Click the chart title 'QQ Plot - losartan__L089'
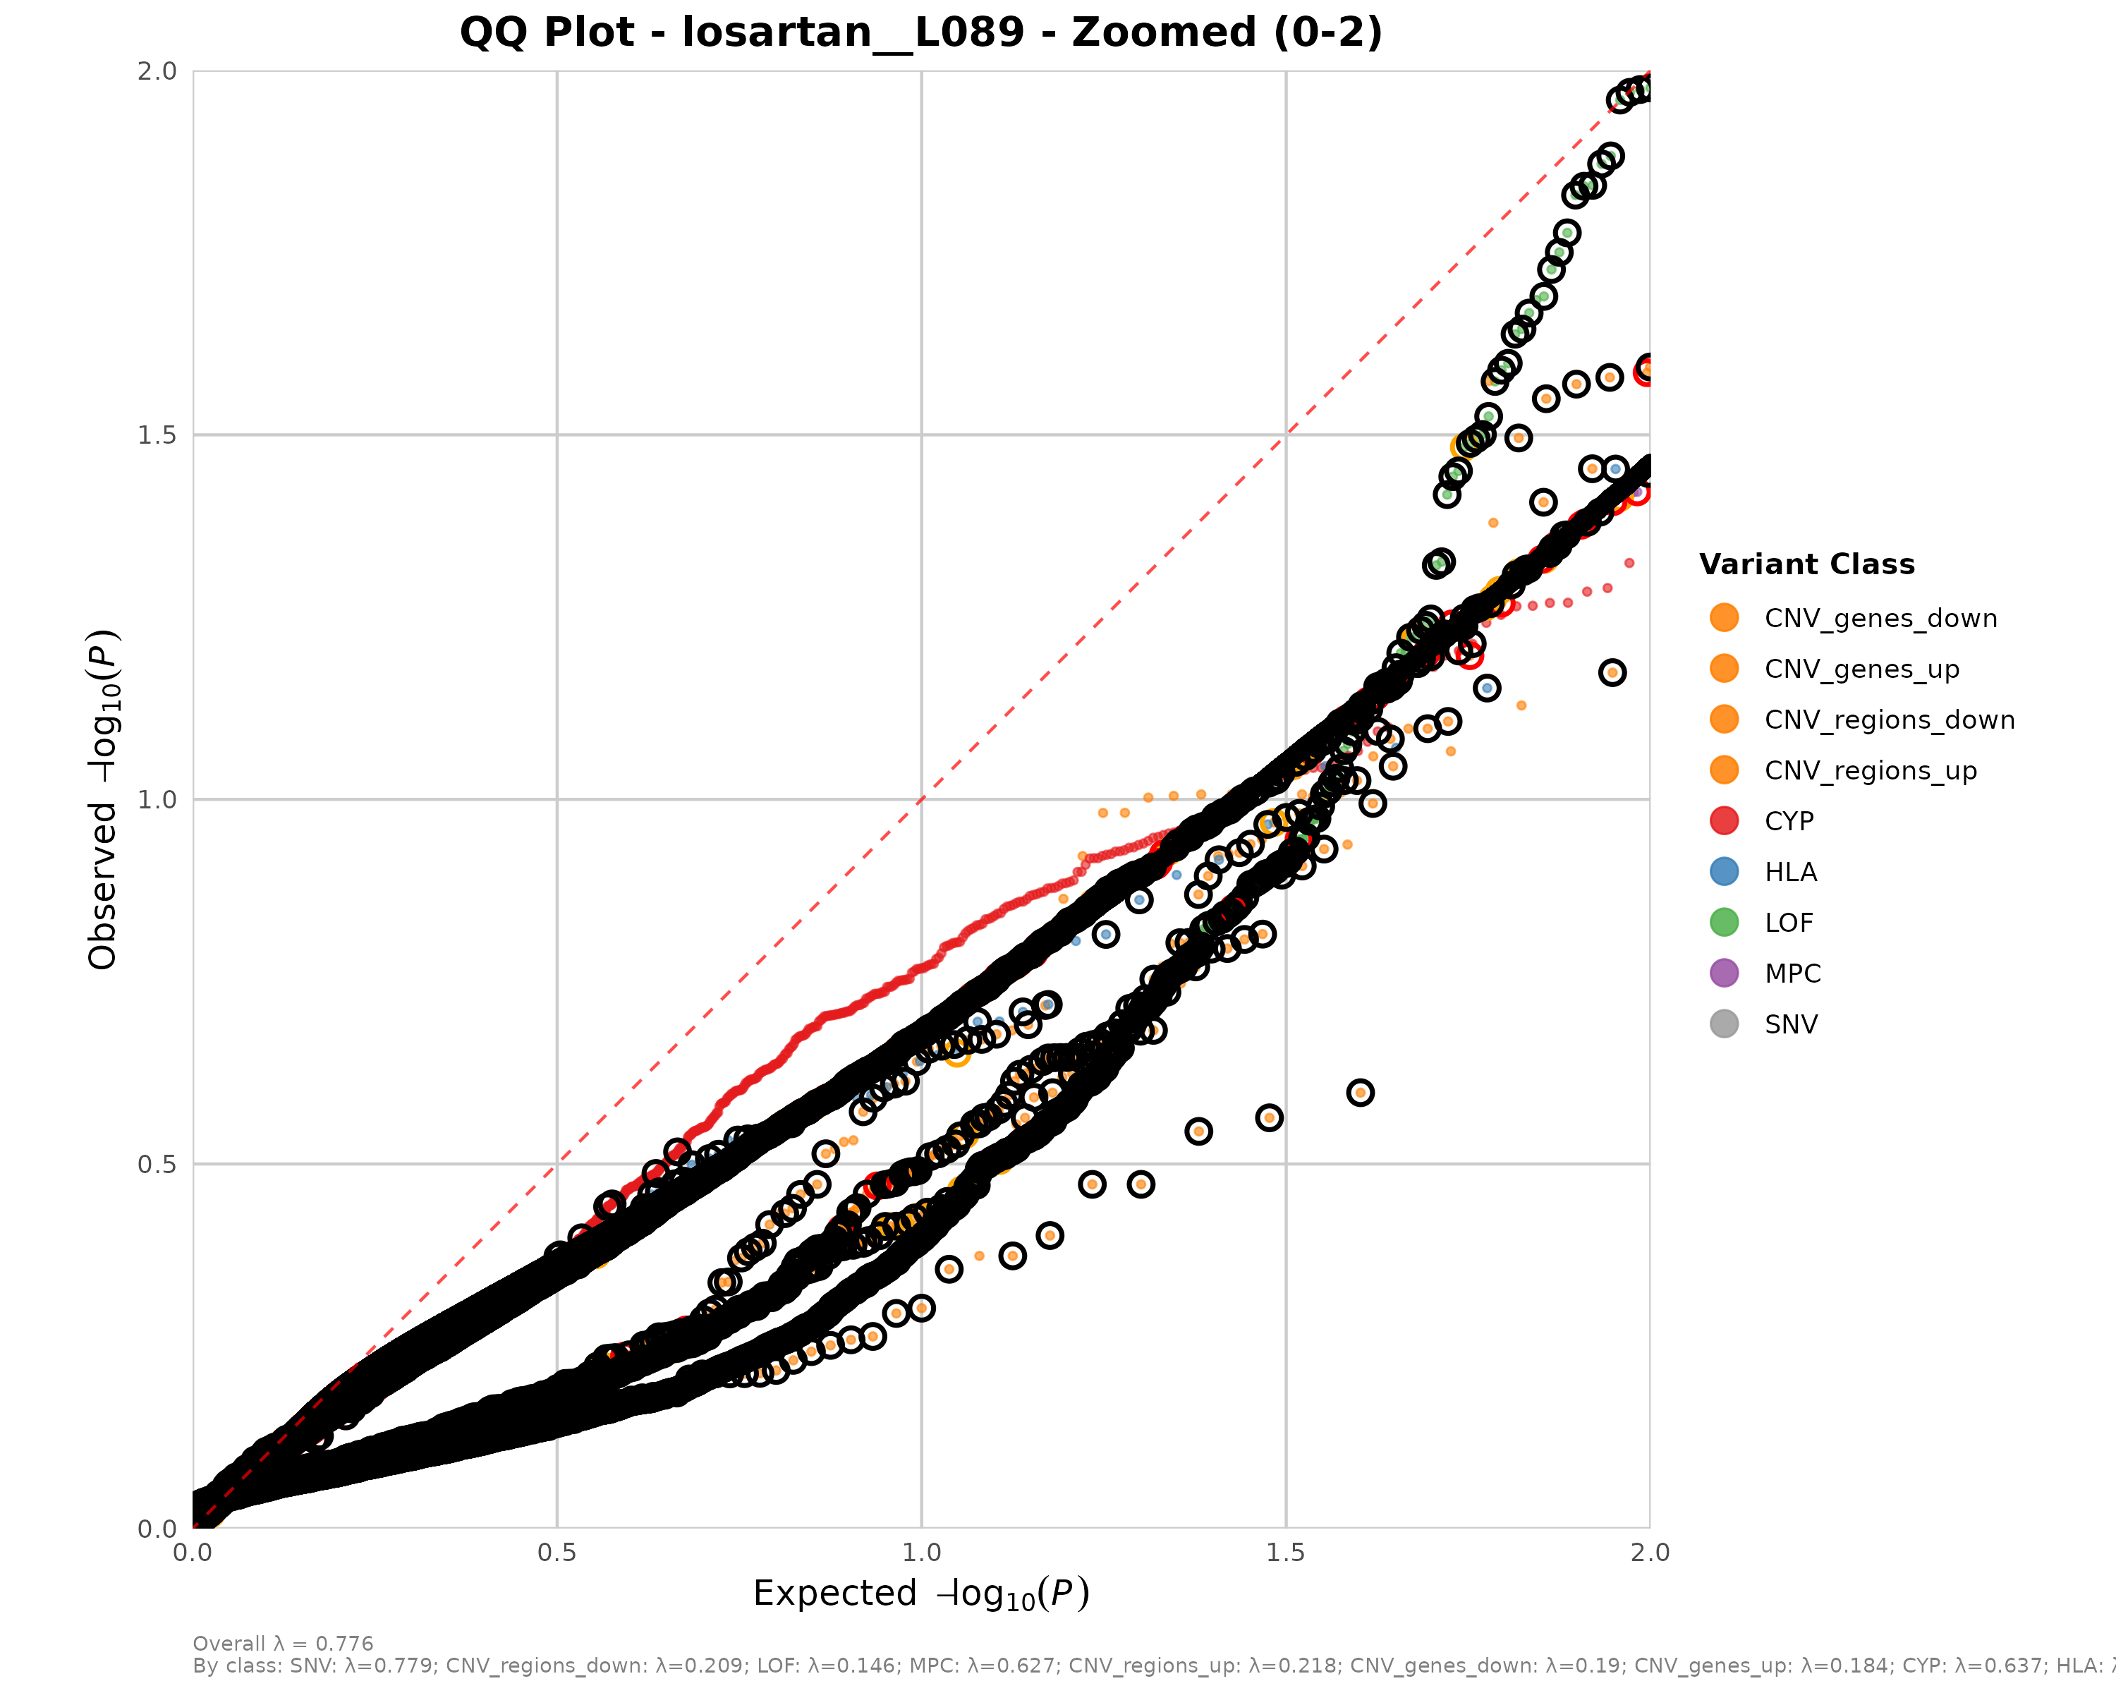click(920, 32)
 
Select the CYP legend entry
click(1788, 822)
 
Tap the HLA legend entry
click(1790, 873)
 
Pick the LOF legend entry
click(1788, 923)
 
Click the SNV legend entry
click(1790, 1025)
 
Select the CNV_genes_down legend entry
click(1880, 619)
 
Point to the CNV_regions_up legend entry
click(1870, 770)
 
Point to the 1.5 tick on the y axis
click(157, 435)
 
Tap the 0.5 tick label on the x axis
click(557, 1553)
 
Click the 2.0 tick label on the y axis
click(157, 72)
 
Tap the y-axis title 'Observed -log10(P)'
click(104, 800)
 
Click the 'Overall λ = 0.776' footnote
click(283, 1644)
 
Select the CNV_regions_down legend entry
click(1888, 720)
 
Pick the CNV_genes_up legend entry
click(1861, 669)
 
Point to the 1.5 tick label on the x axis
click(1286, 1553)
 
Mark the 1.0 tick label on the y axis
click(157, 800)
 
